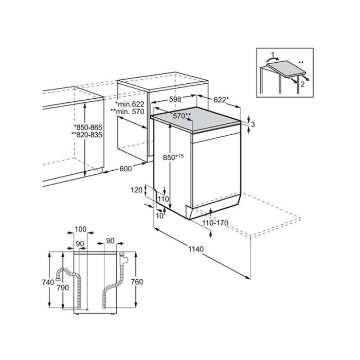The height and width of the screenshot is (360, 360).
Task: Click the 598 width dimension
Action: [x=175, y=99]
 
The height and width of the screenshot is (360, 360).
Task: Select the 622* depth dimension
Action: [x=221, y=100]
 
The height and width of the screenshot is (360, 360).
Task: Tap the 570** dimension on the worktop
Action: [x=182, y=116]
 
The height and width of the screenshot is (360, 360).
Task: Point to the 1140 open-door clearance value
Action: [x=196, y=249]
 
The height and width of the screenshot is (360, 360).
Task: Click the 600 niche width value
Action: [x=125, y=169]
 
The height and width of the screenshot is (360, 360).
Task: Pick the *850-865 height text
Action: [x=88, y=127]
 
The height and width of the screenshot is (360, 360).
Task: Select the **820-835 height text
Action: [x=86, y=135]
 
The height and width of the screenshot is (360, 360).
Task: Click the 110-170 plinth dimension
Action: [x=215, y=223]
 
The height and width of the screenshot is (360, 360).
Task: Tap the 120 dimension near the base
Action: [x=136, y=190]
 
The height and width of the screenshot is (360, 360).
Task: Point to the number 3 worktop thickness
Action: [x=253, y=124]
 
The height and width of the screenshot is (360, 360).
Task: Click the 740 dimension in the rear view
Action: [x=48, y=282]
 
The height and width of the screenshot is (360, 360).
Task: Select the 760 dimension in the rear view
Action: [x=137, y=282]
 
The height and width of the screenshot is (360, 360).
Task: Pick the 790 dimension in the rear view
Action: [x=63, y=287]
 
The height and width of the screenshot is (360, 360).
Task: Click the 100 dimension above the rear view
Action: [x=81, y=229]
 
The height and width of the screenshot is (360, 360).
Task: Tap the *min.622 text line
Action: [x=130, y=104]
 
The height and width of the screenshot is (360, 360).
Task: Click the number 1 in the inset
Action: [x=273, y=55]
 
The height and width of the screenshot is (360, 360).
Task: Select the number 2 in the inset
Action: [x=302, y=84]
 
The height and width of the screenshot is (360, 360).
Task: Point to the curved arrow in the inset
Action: [x=272, y=59]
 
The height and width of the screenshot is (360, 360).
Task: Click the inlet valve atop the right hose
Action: [x=123, y=259]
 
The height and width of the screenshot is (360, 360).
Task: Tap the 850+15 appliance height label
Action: [x=173, y=157]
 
